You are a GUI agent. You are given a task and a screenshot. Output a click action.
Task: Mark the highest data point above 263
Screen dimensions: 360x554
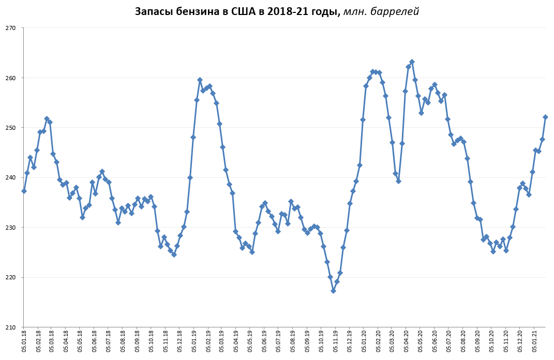(412, 62)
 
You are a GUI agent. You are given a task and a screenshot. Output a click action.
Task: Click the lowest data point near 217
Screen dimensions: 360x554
(333, 291)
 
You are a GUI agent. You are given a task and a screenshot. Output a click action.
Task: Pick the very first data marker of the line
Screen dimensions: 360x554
(24, 191)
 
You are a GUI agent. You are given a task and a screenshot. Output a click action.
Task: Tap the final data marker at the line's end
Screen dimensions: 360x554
(545, 117)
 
